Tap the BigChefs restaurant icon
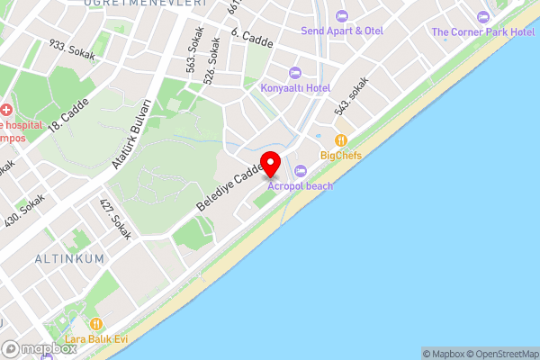point(341,140)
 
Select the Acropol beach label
point(301,185)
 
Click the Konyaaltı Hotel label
point(294,88)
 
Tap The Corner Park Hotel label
point(483,31)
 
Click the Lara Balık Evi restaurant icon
point(96,324)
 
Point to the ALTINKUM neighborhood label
point(69,258)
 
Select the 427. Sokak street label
point(115,219)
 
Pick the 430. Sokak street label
point(24,214)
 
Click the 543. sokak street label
point(353,96)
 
